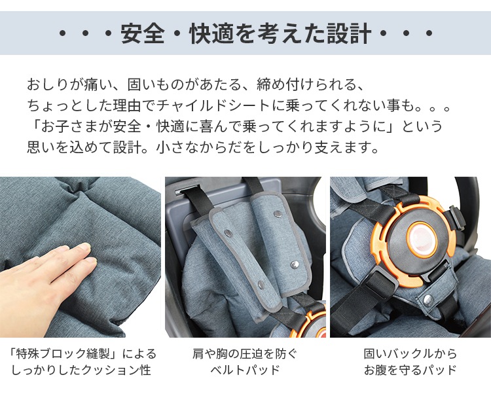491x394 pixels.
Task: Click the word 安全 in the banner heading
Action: pos(143,33)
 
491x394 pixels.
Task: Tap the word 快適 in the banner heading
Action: pos(211,33)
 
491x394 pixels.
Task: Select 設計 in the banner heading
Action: pos(349,33)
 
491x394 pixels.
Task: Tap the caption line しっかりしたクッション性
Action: pos(81,370)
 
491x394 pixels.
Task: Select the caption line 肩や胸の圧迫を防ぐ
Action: pos(245,354)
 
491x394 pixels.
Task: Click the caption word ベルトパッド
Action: pos(245,370)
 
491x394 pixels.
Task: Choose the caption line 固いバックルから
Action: pos(410,354)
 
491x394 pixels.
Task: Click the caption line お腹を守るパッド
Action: pos(410,370)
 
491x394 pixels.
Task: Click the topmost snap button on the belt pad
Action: pos(277,214)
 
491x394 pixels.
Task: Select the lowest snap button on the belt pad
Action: pos(261,285)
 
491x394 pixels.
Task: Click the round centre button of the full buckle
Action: pos(421,238)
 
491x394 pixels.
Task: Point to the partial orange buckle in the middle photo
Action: pos(308,323)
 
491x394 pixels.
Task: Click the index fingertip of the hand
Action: pos(84,247)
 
